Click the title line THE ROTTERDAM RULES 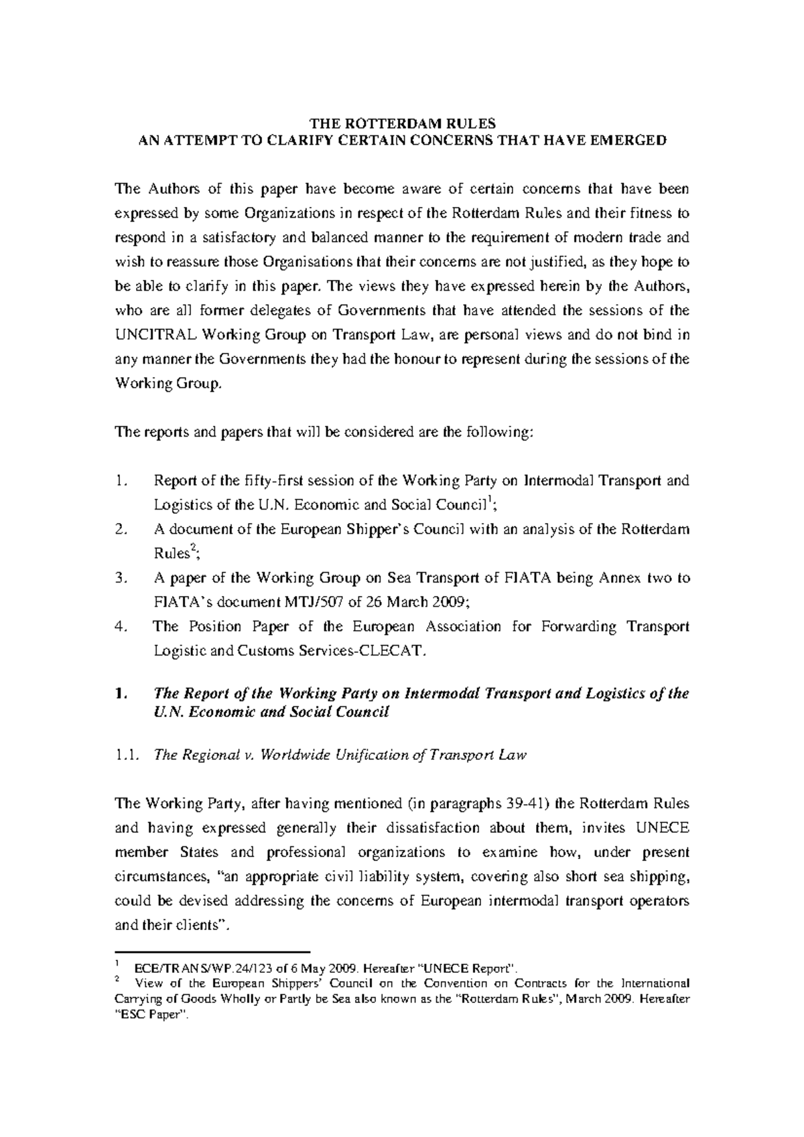tap(402, 124)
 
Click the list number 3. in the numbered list tap(121, 579)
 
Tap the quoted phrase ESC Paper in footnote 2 tap(153, 1014)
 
